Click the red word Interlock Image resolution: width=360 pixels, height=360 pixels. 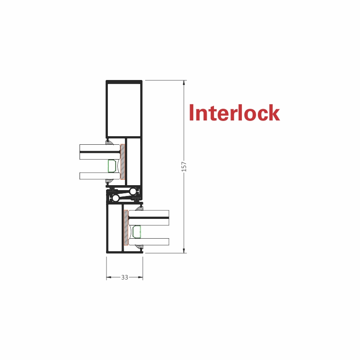(x=235, y=112)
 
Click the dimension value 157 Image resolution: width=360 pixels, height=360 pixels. (x=184, y=166)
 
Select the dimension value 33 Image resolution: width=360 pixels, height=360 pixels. (x=124, y=277)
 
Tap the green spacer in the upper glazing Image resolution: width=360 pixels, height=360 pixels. (x=112, y=166)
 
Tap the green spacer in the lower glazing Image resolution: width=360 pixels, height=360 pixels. (x=137, y=232)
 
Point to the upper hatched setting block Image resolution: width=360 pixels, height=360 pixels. (x=123, y=162)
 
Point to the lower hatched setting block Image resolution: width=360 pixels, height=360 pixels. (x=126, y=227)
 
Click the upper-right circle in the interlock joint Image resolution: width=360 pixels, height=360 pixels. (x=133, y=191)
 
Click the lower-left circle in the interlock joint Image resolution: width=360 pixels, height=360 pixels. (x=116, y=198)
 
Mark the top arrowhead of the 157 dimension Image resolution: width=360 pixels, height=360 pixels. (x=184, y=83)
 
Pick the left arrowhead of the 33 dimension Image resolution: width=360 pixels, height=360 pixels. (x=109, y=277)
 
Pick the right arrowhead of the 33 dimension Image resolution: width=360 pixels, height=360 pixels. (x=140, y=277)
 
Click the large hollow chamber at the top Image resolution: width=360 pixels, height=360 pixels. (x=124, y=110)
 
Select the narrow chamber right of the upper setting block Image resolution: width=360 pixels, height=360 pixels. (x=133, y=161)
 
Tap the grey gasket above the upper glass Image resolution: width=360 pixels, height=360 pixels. (x=109, y=142)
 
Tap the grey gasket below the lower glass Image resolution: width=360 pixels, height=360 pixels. (x=139, y=247)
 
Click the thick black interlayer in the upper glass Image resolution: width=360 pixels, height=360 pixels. (x=100, y=152)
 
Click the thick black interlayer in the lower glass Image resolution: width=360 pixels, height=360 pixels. (x=149, y=218)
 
